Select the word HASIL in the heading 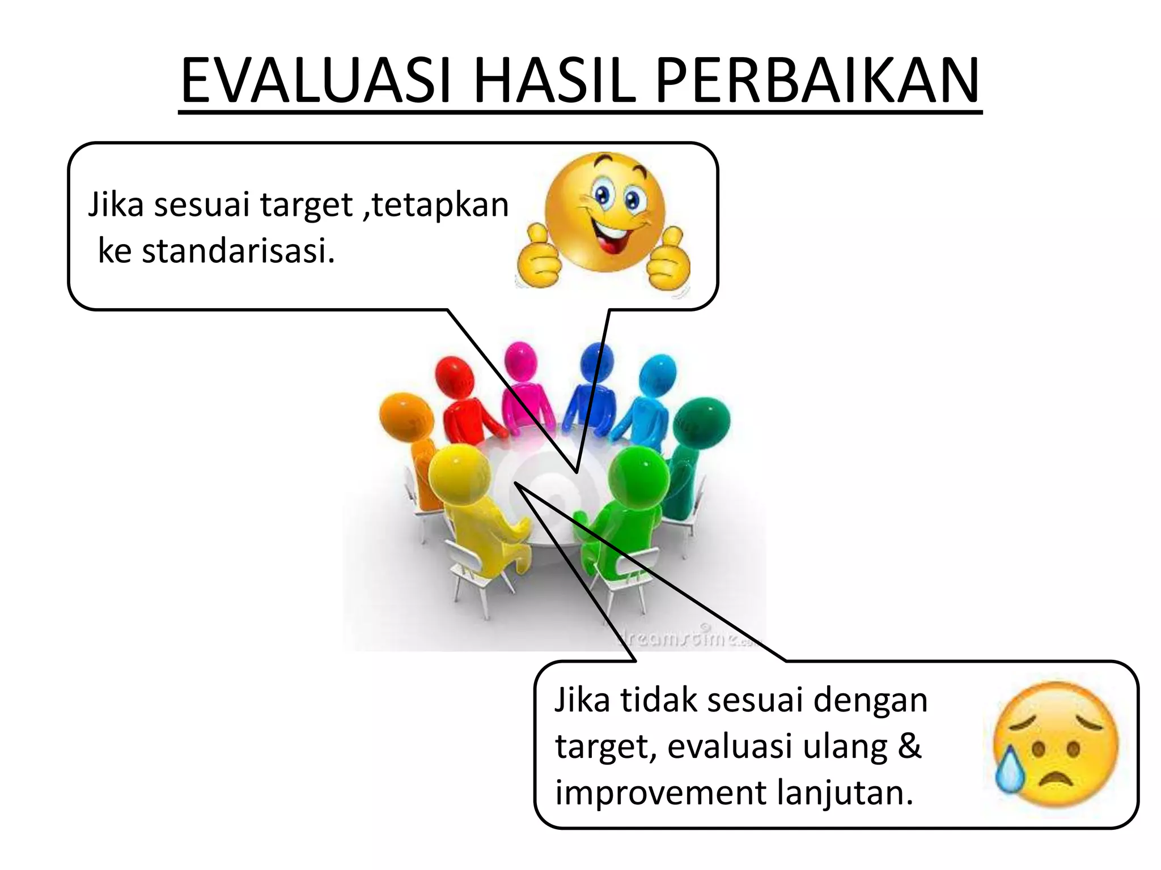(x=553, y=81)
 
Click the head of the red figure (x=455, y=374)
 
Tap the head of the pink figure (x=520, y=360)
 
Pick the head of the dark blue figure (x=597, y=361)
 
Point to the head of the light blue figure (x=658, y=374)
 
